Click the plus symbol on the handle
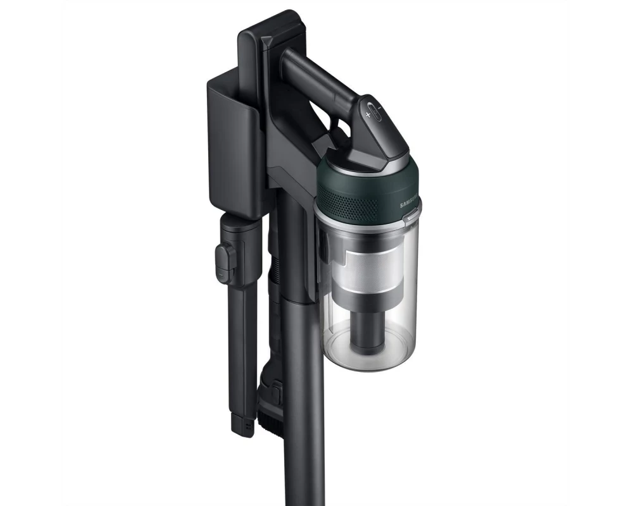pyautogui.click(x=367, y=115)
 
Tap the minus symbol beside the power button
pyautogui.click(x=379, y=108)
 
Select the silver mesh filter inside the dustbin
pyautogui.click(x=367, y=269)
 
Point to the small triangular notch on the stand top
pyautogui.click(x=267, y=42)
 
